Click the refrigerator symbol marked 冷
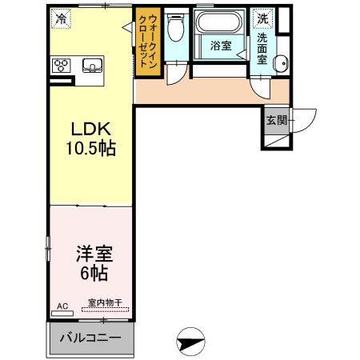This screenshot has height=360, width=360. (x=62, y=18)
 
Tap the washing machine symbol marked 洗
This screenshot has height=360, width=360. (x=263, y=18)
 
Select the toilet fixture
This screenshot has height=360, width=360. (x=176, y=26)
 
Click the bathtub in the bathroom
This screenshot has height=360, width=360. (x=219, y=22)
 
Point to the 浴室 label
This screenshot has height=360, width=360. (x=221, y=46)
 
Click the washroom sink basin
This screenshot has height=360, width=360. (x=282, y=64)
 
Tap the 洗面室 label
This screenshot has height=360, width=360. (x=262, y=49)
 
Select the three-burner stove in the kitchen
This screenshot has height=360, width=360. (x=62, y=66)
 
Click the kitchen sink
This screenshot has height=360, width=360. (x=92, y=66)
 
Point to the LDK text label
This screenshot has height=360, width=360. (x=91, y=129)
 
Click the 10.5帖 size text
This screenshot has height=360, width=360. (x=91, y=148)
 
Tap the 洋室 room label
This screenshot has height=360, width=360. (x=94, y=254)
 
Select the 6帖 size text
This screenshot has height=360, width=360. (x=94, y=273)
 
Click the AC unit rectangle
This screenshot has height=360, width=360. (x=62, y=314)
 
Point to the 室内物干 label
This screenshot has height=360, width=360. (x=105, y=302)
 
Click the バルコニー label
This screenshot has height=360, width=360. (x=90, y=338)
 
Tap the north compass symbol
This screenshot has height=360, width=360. (x=190, y=342)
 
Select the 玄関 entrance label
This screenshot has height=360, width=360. (x=277, y=120)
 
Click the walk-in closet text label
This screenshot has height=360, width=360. (x=148, y=42)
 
